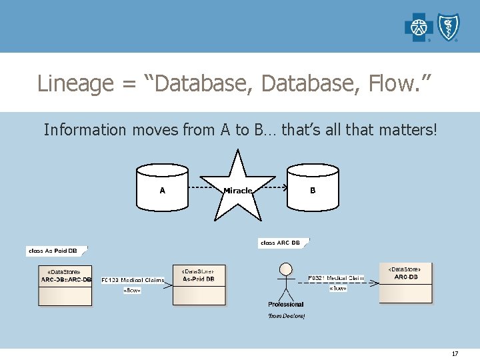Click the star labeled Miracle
(238, 188)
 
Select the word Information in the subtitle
(85, 129)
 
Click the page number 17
(455, 353)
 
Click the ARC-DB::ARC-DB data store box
(65, 285)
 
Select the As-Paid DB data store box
(199, 285)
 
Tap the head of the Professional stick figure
(286, 269)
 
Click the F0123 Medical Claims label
(133, 280)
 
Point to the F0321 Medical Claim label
(336, 277)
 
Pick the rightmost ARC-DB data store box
(406, 282)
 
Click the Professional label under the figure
(286, 304)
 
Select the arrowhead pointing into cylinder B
(284, 189)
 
